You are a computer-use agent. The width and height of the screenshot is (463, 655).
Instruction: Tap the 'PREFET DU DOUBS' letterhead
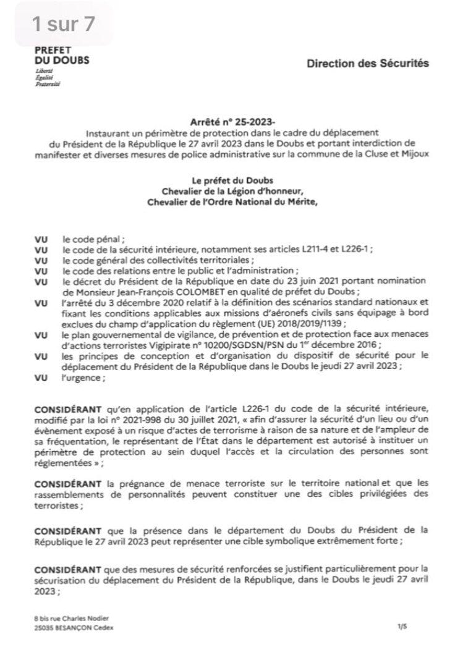pyautogui.click(x=61, y=55)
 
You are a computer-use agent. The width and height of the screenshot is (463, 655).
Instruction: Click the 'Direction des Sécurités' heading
pyautogui.click(x=367, y=64)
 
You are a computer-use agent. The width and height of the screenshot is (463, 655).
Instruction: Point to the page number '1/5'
pyautogui.click(x=403, y=627)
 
